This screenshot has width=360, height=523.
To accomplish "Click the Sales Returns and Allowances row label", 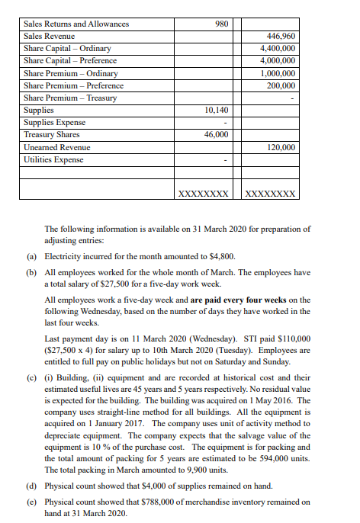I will (76, 24).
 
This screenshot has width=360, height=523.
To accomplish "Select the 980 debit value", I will (222, 24).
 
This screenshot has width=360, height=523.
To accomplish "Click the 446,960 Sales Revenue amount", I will (281, 36).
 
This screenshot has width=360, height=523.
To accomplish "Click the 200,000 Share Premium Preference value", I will (281, 85).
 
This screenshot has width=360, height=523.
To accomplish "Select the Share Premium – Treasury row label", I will (70, 98).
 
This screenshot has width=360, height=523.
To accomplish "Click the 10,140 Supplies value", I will (217, 110).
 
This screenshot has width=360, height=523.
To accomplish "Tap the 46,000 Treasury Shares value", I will (217, 134).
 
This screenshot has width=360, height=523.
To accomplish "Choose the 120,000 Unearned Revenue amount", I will (281, 146).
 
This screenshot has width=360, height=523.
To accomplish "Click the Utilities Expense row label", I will (53, 159).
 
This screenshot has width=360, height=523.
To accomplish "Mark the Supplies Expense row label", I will (55, 122).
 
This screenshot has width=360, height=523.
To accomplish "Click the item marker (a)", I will (31, 257).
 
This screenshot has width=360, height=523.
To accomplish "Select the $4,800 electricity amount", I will (230, 257).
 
